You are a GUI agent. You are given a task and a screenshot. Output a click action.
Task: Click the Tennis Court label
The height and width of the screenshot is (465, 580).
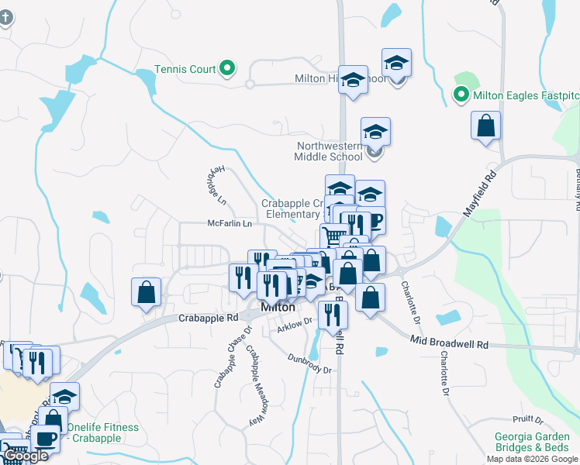(x=185, y=69)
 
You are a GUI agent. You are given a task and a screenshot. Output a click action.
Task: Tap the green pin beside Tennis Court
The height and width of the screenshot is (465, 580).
(x=228, y=69)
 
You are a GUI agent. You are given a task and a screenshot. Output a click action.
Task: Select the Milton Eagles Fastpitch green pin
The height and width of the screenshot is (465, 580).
(x=461, y=95)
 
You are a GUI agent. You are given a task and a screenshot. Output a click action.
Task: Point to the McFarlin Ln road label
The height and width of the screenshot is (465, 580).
(x=230, y=224)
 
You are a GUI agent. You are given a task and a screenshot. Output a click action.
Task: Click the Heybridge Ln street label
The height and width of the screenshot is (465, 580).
(x=216, y=185)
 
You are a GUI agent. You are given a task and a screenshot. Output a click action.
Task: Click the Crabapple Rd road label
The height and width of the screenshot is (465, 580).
(x=208, y=318)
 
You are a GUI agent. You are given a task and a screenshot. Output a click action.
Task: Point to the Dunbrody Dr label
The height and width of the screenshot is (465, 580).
(x=309, y=364)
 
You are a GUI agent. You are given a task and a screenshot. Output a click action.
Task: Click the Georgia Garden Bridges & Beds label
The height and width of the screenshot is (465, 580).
(x=534, y=442)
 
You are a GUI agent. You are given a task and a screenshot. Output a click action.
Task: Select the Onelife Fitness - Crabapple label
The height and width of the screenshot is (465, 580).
(x=102, y=432)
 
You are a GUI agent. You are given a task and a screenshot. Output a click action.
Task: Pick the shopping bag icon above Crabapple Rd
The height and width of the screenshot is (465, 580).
(x=146, y=292)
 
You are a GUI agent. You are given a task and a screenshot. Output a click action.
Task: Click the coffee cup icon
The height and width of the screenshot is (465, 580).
(x=45, y=439)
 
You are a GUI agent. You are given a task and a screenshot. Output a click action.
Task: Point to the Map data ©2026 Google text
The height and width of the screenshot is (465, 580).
(x=531, y=459)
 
